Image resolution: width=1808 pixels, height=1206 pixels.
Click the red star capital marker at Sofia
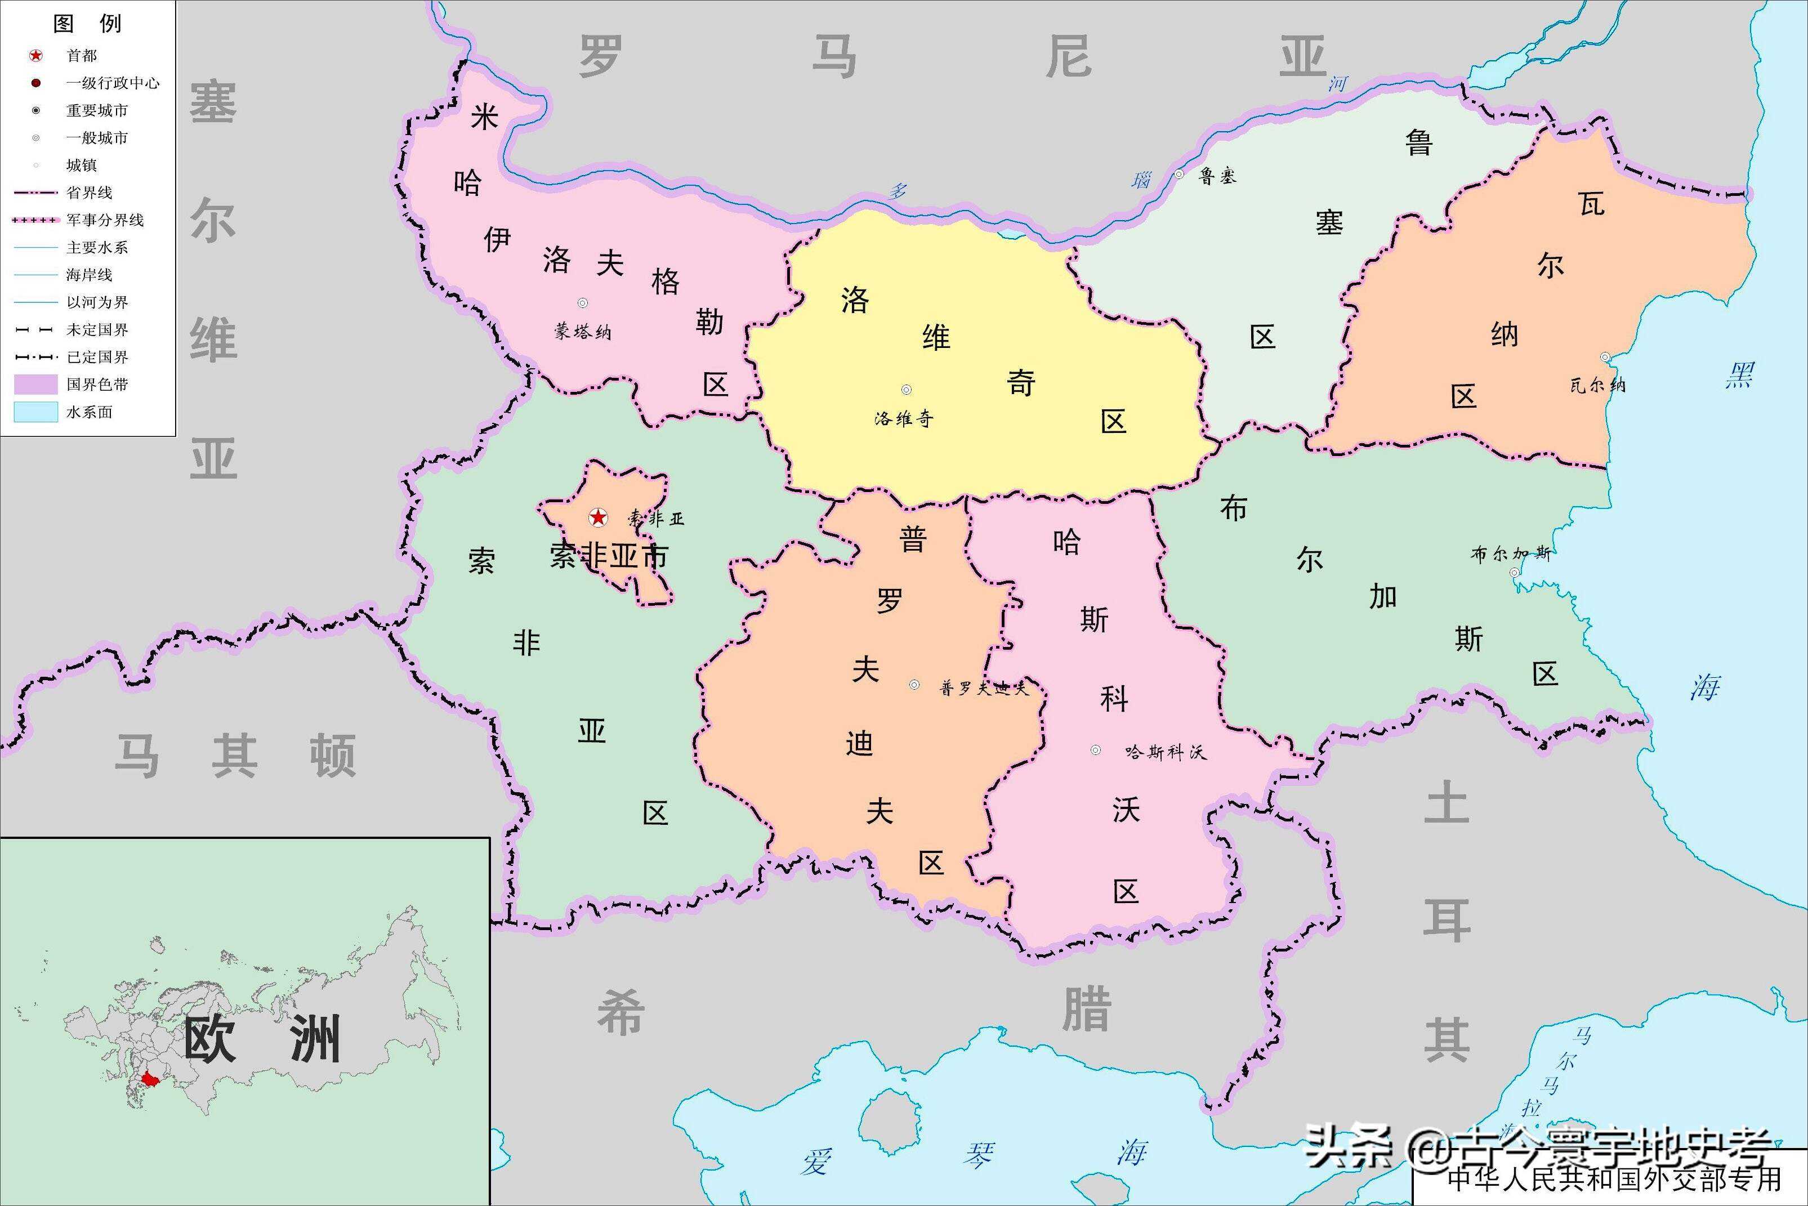tap(597, 517)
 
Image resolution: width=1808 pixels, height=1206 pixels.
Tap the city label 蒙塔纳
tap(582, 332)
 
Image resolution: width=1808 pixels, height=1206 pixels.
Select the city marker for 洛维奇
tap(907, 390)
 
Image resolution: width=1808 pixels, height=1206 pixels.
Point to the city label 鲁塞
tap(1217, 176)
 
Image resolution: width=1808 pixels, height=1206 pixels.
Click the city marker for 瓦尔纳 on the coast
tap(1605, 358)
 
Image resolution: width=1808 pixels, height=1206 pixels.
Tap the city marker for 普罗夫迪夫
tap(914, 685)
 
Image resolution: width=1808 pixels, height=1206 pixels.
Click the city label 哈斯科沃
tap(1165, 752)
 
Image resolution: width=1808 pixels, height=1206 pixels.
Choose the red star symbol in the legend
tap(36, 55)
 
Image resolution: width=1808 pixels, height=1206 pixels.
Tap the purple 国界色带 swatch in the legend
tap(36, 385)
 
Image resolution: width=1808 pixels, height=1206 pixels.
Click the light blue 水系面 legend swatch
tap(36, 412)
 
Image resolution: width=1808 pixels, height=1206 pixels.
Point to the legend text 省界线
tap(89, 193)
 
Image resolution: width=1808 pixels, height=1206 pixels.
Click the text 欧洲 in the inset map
tap(261, 1040)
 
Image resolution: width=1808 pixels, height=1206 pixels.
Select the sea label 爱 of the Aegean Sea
tap(816, 1160)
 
